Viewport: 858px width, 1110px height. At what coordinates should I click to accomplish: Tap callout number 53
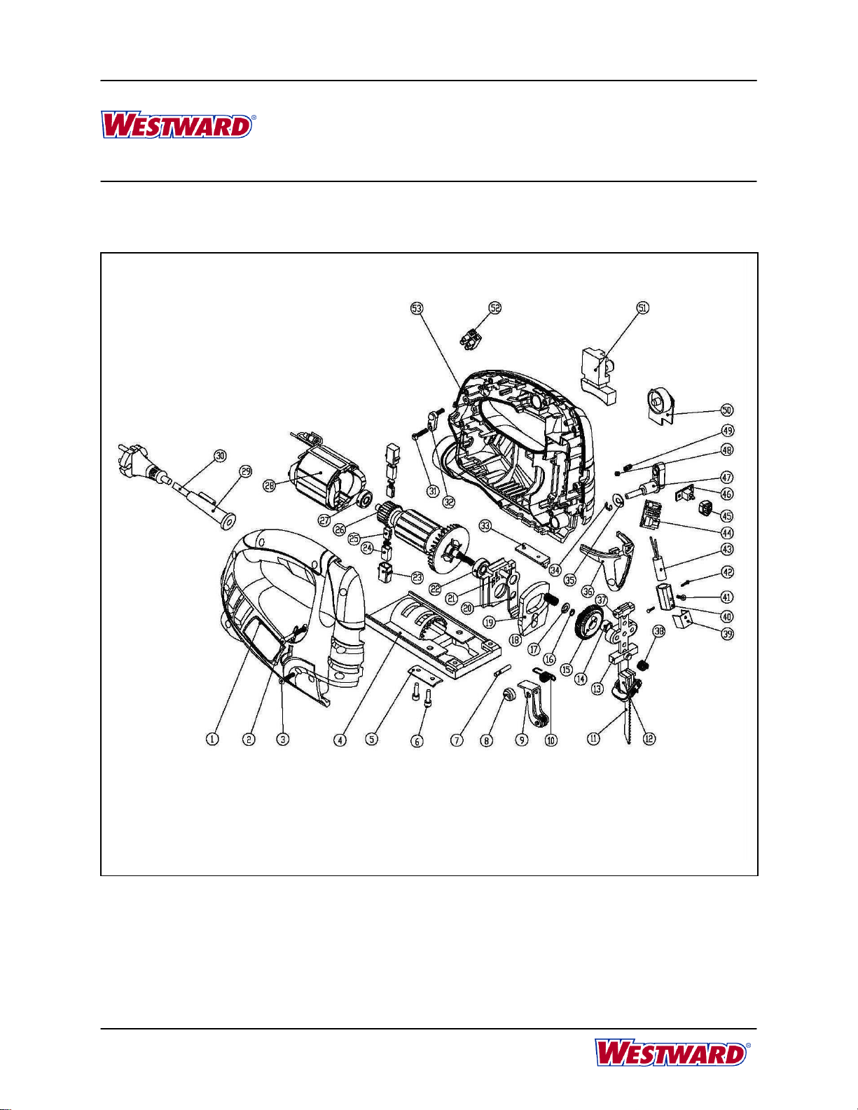(417, 308)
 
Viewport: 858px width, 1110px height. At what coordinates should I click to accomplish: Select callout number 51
(643, 307)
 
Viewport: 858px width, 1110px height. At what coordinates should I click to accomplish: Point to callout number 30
(220, 456)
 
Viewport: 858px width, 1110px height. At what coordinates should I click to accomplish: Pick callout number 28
(269, 485)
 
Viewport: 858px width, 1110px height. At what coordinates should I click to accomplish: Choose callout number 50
(727, 410)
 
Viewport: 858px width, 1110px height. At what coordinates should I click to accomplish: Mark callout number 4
(340, 739)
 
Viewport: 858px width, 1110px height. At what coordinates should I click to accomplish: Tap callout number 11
(593, 739)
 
